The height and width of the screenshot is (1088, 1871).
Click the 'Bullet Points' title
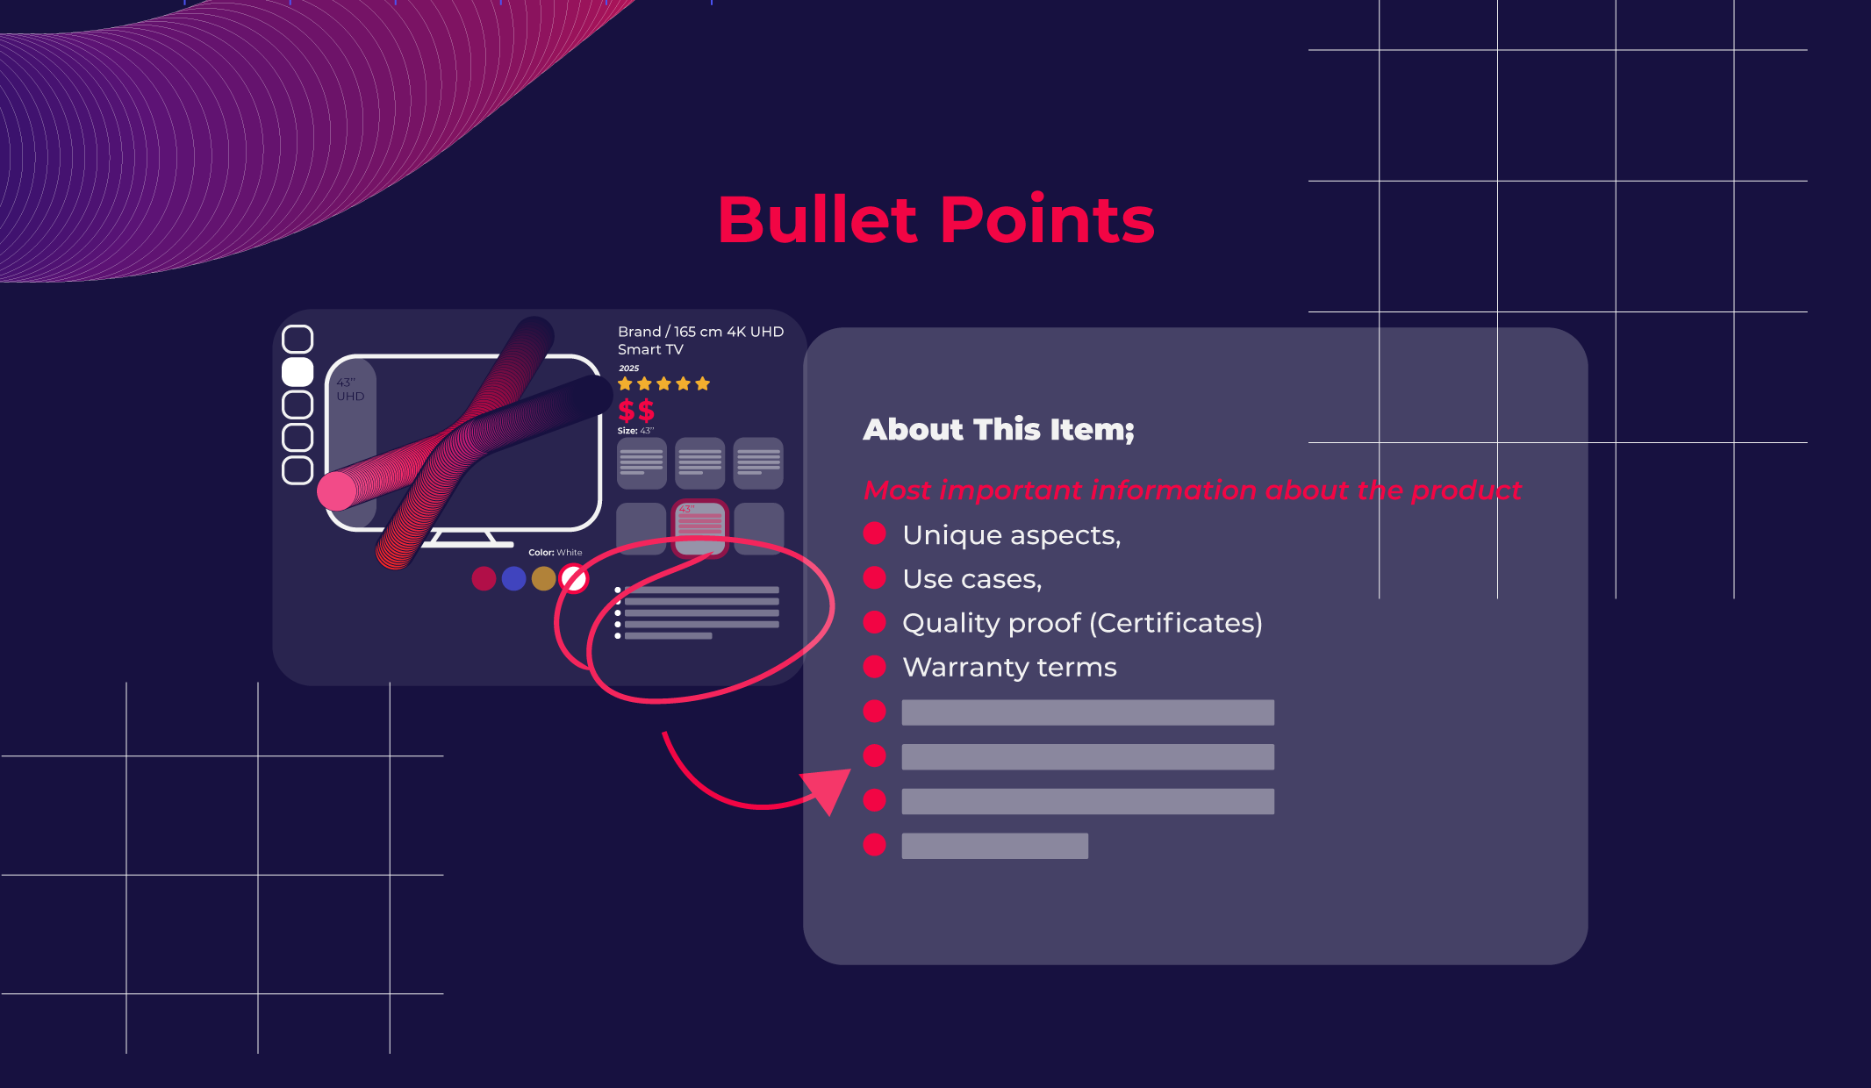(x=935, y=219)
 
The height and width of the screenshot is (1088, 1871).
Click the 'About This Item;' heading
(x=998, y=430)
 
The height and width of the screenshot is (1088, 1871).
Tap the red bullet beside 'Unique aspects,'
(x=874, y=533)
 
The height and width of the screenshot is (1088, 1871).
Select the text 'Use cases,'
(x=971, y=579)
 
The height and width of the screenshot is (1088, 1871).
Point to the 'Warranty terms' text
(x=1009, y=668)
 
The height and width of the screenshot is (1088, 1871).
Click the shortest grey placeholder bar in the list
(x=994, y=846)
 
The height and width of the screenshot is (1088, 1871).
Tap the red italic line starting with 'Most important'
(x=1192, y=490)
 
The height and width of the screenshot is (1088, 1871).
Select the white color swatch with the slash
(x=574, y=578)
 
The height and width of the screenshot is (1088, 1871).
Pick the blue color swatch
(x=513, y=578)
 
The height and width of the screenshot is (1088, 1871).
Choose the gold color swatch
(x=544, y=578)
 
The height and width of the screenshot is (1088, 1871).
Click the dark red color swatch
(x=484, y=578)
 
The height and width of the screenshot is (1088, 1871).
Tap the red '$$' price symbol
(x=635, y=410)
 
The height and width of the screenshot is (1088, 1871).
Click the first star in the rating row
(x=625, y=383)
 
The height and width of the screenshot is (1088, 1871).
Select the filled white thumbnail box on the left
(x=297, y=372)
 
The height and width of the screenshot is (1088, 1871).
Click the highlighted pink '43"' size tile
(x=699, y=527)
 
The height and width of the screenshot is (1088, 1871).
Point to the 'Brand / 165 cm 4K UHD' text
(x=699, y=332)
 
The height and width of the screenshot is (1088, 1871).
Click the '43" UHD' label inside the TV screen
(x=350, y=390)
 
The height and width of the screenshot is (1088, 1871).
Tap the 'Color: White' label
(x=555, y=553)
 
